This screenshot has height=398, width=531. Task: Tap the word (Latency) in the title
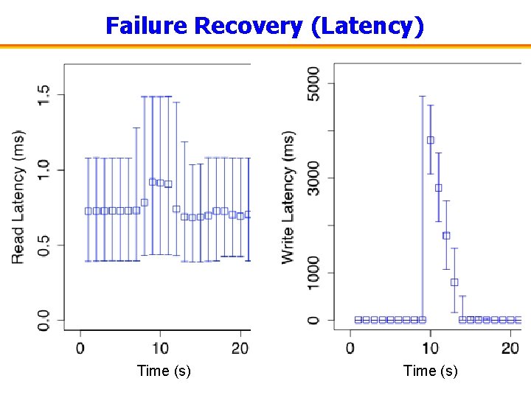367,26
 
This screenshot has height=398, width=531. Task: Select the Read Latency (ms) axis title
18,197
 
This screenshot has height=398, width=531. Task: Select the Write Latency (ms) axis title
288,197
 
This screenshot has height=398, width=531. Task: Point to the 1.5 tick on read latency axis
44,94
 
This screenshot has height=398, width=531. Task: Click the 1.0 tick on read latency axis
44,170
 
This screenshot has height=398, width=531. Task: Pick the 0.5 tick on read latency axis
44,245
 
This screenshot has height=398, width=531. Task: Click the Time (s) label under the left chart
164,371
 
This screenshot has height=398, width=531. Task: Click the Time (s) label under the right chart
430,371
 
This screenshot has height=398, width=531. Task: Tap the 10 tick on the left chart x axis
160,348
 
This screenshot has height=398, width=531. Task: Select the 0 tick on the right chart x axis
350,348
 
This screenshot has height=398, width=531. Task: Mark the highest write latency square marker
430,139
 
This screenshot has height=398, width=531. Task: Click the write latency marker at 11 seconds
438,187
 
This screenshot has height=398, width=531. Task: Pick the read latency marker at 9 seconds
152,181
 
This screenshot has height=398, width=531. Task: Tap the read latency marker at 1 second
88,211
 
